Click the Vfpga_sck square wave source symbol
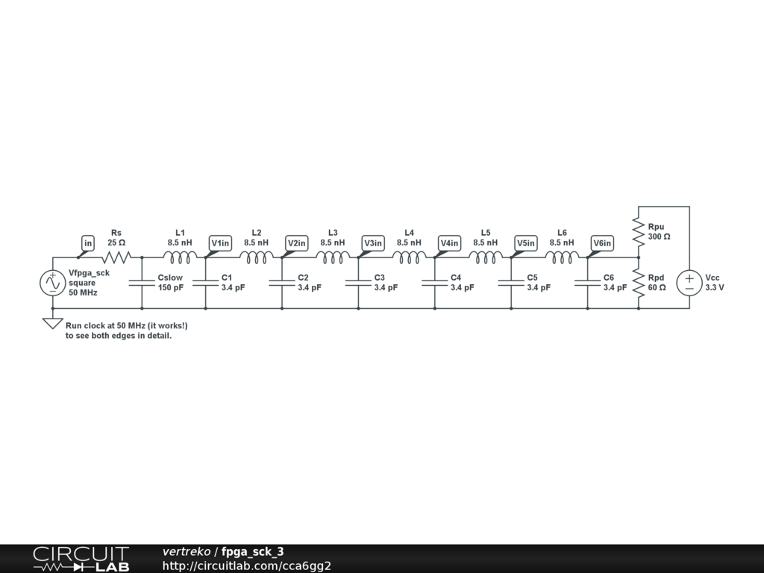[52, 283]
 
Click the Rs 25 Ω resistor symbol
[116, 257]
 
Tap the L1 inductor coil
[180, 257]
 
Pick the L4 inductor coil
[409, 257]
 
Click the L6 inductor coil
[562, 257]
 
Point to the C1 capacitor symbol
[205, 283]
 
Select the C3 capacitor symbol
[358, 283]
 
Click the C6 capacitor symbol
[587, 283]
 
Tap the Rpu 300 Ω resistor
[638, 232]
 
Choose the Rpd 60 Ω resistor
[638, 283]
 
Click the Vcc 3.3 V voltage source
[689, 283]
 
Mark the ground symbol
[52, 323]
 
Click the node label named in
[88, 243]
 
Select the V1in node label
[221, 243]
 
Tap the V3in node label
[373, 243]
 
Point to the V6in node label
[602, 243]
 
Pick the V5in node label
[526, 243]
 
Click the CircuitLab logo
[81, 559]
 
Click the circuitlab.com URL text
[246, 566]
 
